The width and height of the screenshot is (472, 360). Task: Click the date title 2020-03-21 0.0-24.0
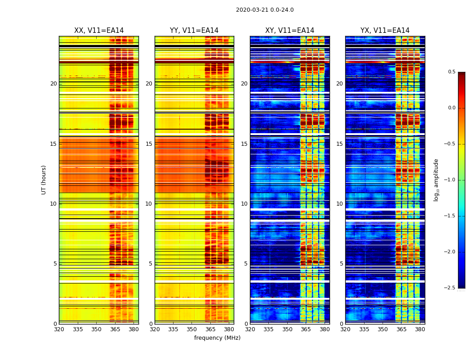tap(265, 10)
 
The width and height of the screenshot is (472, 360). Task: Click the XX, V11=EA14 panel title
tap(99, 31)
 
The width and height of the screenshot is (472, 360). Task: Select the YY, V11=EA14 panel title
tap(194, 31)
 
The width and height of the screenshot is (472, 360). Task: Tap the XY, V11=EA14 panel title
tap(289, 31)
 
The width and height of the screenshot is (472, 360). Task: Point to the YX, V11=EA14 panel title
tap(385, 31)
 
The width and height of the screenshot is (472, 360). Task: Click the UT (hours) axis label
tap(44, 180)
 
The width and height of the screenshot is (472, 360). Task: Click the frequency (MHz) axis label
tap(217, 338)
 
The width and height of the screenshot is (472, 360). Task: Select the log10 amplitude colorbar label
tap(436, 180)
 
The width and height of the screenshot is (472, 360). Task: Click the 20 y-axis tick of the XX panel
tap(53, 84)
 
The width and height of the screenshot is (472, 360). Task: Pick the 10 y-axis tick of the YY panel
tap(149, 204)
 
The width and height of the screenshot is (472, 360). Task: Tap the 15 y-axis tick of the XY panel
tap(244, 144)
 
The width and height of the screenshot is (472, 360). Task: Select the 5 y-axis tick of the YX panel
tap(341, 264)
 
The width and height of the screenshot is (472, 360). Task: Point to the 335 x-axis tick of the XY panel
tap(268, 329)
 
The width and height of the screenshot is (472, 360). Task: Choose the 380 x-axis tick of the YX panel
tap(420, 329)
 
